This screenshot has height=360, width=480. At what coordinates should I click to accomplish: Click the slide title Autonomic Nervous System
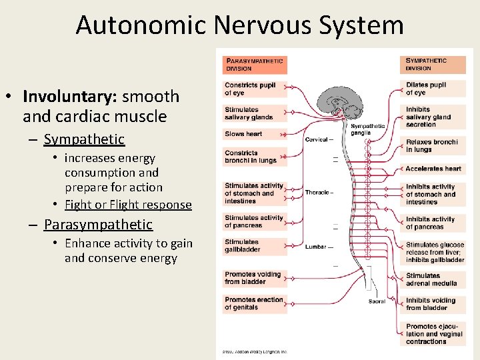[x=239, y=25]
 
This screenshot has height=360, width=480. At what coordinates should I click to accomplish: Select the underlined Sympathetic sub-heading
[x=84, y=139]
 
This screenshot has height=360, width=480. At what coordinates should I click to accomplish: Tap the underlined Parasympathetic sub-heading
[x=98, y=225]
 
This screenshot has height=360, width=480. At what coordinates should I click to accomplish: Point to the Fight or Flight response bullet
[x=128, y=205]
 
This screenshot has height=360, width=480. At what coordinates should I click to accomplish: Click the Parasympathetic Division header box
[x=254, y=65]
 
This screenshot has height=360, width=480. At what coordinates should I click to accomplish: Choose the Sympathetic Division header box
[x=434, y=65]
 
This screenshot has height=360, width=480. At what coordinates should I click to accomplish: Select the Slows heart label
[x=244, y=134]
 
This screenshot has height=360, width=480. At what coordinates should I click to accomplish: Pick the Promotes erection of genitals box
[x=254, y=303]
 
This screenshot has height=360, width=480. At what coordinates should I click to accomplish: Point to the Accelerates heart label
[x=433, y=169]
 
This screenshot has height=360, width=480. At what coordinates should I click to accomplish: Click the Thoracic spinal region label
[x=319, y=193]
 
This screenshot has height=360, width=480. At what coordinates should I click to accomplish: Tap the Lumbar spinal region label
[x=317, y=247]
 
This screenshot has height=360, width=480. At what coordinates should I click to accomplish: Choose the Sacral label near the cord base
[x=377, y=301]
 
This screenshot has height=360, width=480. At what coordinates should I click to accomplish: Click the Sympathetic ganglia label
[x=368, y=129]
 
